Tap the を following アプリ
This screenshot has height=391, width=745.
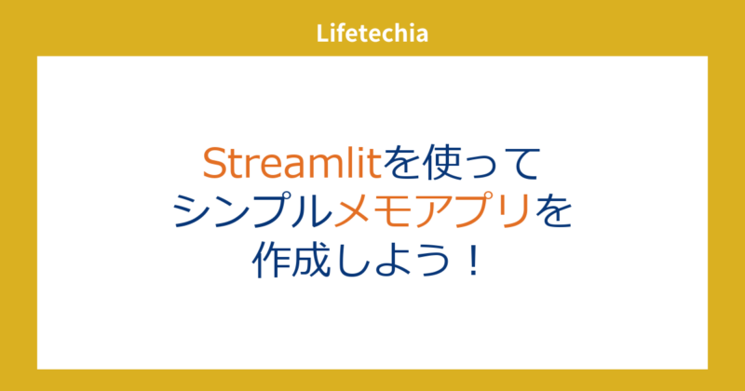click(x=551, y=212)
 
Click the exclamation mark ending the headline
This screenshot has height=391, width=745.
click(x=473, y=259)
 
